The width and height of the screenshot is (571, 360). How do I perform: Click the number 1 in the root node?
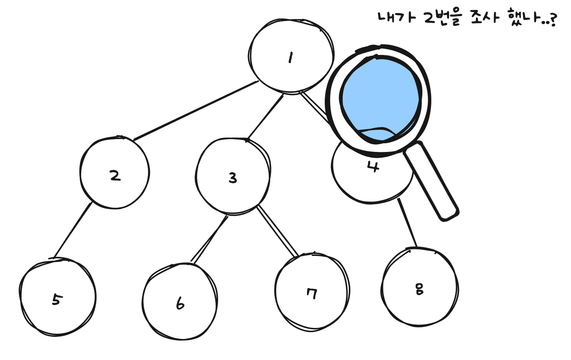click(290, 58)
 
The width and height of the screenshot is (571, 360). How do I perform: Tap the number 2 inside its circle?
click(115, 176)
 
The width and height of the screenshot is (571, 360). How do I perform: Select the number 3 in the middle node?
click(233, 178)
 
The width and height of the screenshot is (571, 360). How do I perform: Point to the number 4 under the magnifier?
click(373, 167)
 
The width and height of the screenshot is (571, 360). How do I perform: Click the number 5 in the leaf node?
click(56, 300)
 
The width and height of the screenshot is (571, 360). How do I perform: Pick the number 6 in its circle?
click(180, 303)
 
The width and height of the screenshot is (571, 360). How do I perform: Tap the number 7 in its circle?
click(312, 294)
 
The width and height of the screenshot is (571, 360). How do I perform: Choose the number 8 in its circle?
click(419, 289)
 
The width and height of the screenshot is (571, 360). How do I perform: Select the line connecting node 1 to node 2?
click(196, 111)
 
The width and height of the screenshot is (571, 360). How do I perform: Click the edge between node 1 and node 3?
click(265, 118)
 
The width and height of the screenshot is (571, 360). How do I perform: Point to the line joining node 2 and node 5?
click(73, 230)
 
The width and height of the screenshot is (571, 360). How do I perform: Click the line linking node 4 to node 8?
click(407, 223)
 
